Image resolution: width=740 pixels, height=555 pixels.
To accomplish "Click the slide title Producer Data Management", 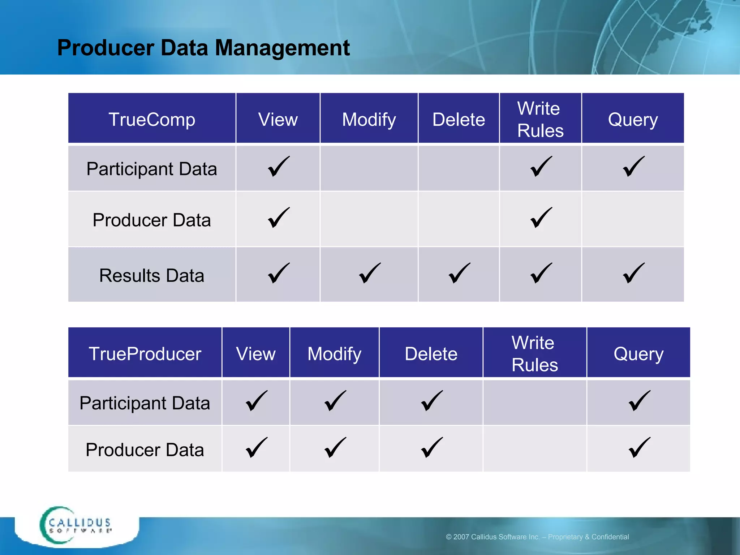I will (x=203, y=48).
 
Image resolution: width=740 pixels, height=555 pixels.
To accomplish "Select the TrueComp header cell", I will (x=152, y=119).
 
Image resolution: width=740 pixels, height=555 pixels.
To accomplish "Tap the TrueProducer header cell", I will (x=145, y=353).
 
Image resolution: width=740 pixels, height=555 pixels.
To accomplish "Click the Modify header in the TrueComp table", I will (x=369, y=119).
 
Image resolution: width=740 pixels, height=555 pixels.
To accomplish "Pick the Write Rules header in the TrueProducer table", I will (x=534, y=353).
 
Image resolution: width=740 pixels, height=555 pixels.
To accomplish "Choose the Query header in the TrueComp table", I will (x=633, y=119).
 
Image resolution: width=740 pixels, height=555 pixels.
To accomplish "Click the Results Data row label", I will (x=152, y=275).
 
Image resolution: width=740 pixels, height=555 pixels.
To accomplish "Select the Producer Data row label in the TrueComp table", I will (x=152, y=220).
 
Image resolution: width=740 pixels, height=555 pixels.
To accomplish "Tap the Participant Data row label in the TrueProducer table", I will (x=145, y=403).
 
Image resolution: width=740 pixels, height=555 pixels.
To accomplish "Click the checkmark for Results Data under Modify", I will (x=370, y=273).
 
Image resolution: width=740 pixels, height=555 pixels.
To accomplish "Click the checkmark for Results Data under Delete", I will (x=459, y=273).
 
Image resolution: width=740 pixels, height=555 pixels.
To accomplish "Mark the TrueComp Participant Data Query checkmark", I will (x=633, y=167).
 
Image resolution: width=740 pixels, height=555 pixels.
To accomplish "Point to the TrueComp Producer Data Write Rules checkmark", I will (x=541, y=218).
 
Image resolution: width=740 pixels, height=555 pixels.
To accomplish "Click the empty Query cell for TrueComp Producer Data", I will (x=633, y=219).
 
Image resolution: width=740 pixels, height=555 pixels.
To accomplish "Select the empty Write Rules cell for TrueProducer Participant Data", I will (x=534, y=403).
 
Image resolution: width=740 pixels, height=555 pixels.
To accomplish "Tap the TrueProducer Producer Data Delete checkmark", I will (x=432, y=448).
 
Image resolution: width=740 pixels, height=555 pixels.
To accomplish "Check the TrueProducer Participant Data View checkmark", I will (x=257, y=401).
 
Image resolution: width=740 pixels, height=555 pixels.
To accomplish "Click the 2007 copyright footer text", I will (x=537, y=537).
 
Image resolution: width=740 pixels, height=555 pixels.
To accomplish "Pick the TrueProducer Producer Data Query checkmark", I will (x=639, y=448).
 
